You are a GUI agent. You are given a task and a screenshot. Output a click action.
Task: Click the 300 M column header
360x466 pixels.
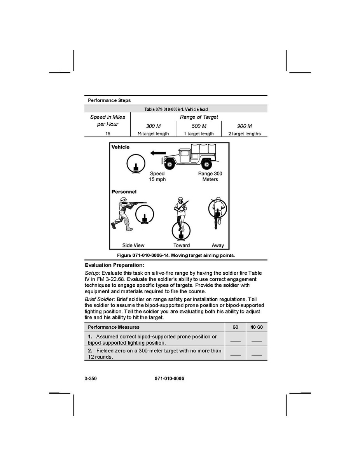pyautogui.click(x=153, y=126)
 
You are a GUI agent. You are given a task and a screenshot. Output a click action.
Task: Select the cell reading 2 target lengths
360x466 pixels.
pyautogui.click(x=244, y=134)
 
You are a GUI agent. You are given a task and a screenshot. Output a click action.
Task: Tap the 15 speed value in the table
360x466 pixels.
pyautogui.click(x=107, y=134)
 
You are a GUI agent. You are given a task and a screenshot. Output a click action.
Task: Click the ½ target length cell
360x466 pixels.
pyautogui.click(x=153, y=134)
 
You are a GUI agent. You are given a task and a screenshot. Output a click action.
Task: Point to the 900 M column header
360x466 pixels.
pyautogui.click(x=244, y=126)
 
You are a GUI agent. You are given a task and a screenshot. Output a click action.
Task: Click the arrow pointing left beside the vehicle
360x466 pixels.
pyautogui.click(x=158, y=153)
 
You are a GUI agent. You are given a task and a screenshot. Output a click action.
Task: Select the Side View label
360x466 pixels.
pyautogui.click(x=133, y=245)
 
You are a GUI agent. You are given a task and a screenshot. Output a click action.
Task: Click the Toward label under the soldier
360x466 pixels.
pyautogui.click(x=182, y=245)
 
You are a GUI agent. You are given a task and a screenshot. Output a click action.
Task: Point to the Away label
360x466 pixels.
pyautogui.click(x=218, y=245)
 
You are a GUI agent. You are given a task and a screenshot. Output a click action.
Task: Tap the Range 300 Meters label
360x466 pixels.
pyautogui.click(x=210, y=177)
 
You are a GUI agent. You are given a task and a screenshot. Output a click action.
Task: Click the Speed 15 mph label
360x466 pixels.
pyautogui.click(x=157, y=177)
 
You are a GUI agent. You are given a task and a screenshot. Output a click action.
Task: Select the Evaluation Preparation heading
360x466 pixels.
pyautogui.click(x=115, y=265)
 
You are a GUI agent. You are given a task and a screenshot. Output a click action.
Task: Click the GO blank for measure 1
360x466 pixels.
pyautogui.click(x=235, y=340)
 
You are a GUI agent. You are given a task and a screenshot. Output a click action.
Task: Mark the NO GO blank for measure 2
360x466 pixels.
pyautogui.click(x=256, y=354)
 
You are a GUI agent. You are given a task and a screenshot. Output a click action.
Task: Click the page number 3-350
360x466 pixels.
pyautogui.click(x=90, y=378)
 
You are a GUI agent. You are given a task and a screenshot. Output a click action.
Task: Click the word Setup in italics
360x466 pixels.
pyautogui.click(x=92, y=273)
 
